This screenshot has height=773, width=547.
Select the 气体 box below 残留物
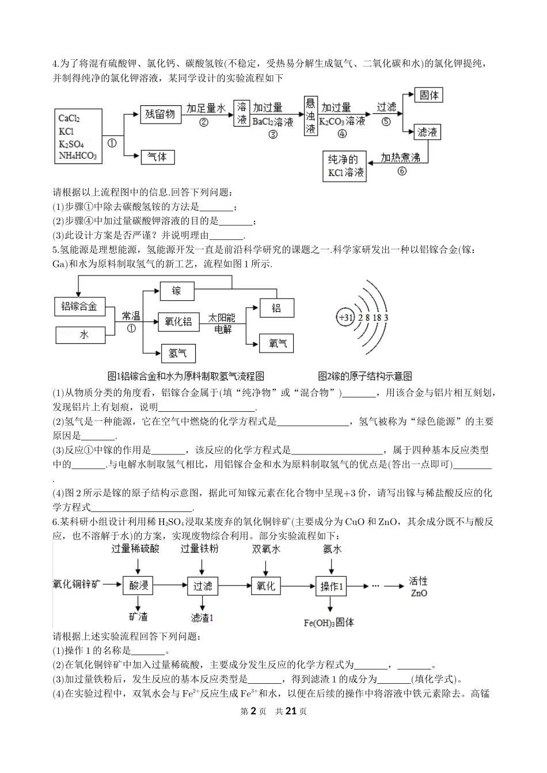click(x=157, y=157)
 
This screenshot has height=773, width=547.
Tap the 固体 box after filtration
click(x=429, y=95)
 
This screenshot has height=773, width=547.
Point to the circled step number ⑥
click(x=401, y=171)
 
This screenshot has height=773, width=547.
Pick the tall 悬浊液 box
click(x=311, y=116)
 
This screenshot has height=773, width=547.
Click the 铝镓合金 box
click(x=79, y=307)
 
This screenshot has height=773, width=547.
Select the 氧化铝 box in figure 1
click(x=178, y=322)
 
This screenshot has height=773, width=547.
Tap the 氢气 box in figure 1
click(x=178, y=353)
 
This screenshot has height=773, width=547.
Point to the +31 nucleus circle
click(x=345, y=317)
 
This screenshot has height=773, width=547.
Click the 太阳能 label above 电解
click(x=222, y=318)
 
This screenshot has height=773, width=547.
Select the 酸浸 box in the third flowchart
click(x=138, y=586)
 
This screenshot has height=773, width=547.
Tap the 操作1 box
click(x=331, y=586)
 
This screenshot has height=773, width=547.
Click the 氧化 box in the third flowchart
click(x=265, y=586)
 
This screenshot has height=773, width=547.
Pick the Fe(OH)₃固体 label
click(x=329, y=622)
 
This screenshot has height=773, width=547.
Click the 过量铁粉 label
click(x=199, y=549)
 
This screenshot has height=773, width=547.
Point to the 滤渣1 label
click(x=202, y=617)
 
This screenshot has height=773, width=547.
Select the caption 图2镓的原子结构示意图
click(x=365, y=376)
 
